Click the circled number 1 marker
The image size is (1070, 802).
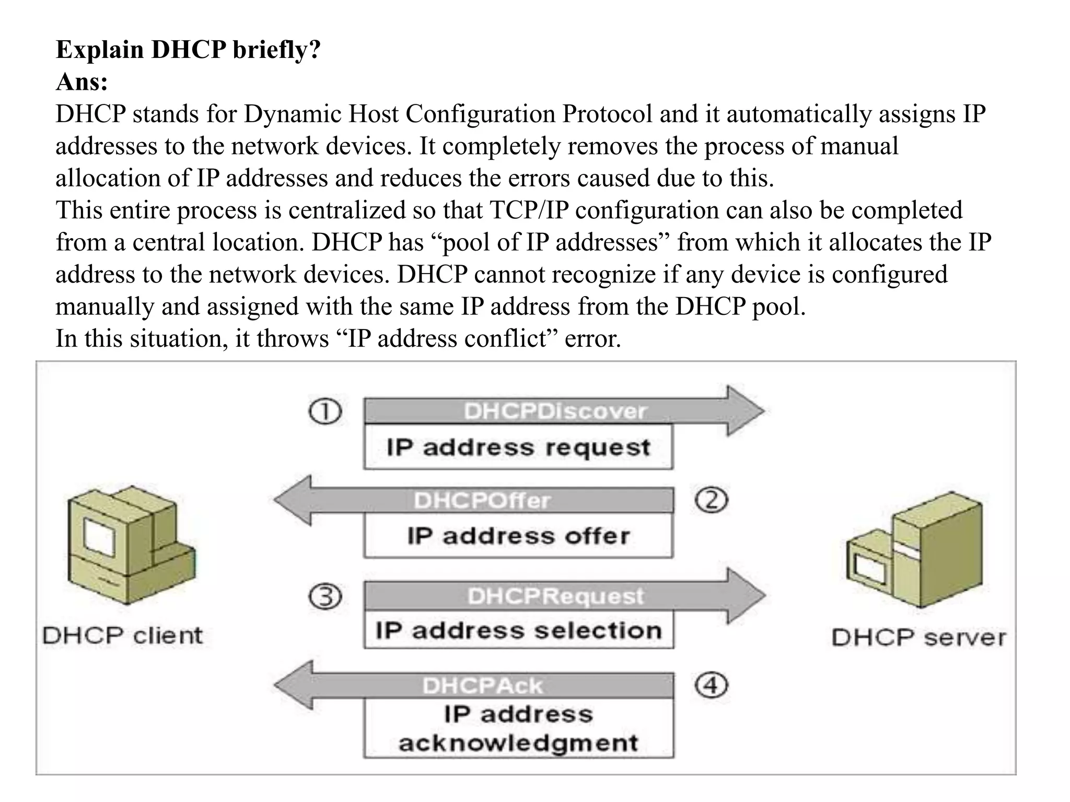tap(325, 411)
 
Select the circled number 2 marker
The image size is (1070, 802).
tap(711, 500)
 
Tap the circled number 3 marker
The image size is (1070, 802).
tap(325, 596)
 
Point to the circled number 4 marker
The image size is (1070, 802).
tap(711, 685)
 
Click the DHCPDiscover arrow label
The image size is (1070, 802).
tap(555, 411)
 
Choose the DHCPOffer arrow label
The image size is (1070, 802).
tap(482, 501)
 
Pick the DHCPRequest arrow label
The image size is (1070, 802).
tap(555, 596)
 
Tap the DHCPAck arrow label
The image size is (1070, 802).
tap(482, 686)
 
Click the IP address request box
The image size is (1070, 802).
tap(518, 447)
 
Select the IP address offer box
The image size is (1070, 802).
tap(518, 536)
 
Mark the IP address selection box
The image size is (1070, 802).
tap(518, 630)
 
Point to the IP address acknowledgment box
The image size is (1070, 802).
tap(518, 728)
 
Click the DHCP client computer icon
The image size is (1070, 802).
tap(131, 546)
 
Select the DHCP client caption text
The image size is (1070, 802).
tap(122, 636)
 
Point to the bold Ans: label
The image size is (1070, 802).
tap(82, 82)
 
